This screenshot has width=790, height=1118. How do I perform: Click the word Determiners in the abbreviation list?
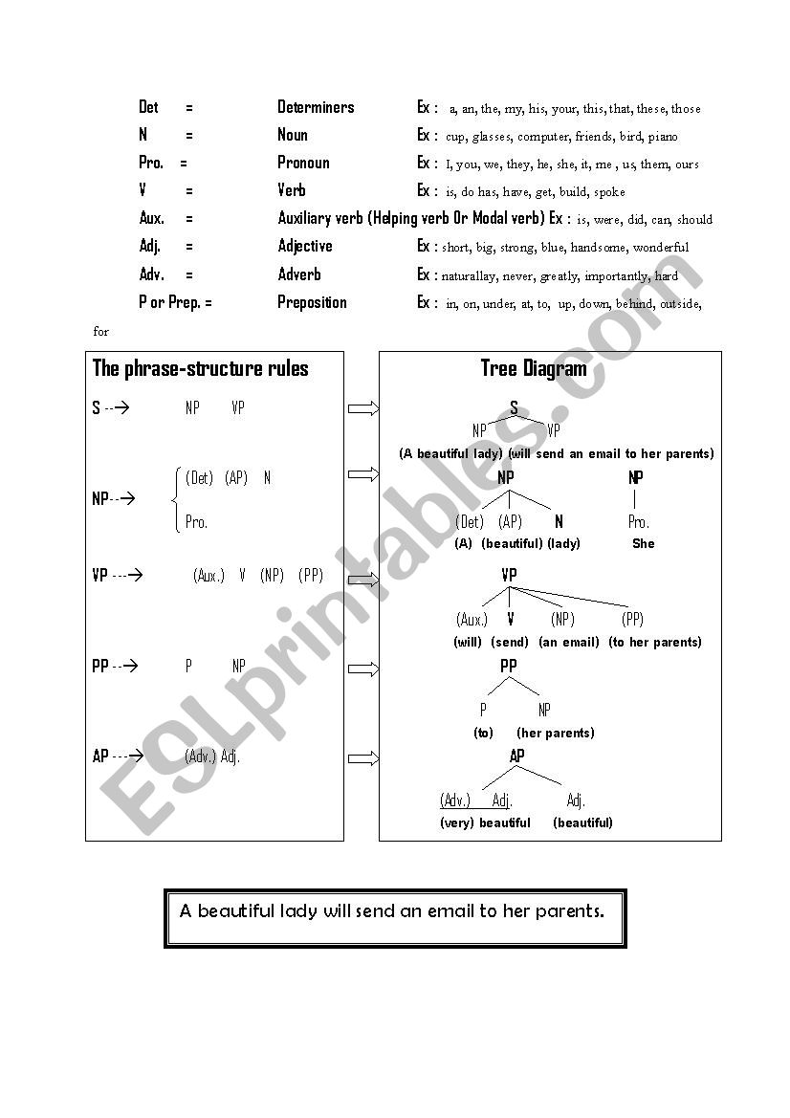point(316,107)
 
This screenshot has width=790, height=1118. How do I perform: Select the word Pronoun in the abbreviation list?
point(303,163)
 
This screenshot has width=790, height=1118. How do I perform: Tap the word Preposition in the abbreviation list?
point(312,302)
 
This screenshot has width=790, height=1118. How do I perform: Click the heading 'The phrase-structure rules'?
point(200,368)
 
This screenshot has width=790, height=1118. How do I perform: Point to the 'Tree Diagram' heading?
point(534,368)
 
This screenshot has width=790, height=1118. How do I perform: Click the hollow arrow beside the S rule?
point(363,408)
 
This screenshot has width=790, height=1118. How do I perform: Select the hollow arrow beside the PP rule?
point(363,667)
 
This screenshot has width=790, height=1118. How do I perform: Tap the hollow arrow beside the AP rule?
point(363,758)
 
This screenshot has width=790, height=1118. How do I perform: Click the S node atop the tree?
point(514,408)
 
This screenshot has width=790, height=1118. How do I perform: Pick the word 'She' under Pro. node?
point(643,543)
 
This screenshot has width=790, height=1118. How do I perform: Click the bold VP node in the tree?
point(509,575)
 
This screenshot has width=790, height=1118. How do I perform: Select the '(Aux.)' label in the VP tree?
point(472,620)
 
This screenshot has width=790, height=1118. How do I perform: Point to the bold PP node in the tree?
point(509,666)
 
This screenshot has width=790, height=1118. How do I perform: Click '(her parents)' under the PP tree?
point(555,733)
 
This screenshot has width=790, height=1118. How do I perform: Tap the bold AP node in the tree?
point(516,756)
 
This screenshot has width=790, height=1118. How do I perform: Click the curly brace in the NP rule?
point(175,498)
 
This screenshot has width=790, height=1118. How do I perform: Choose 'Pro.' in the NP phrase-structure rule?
point(196,522)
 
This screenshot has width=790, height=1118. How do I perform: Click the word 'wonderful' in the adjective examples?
point(660,247)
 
